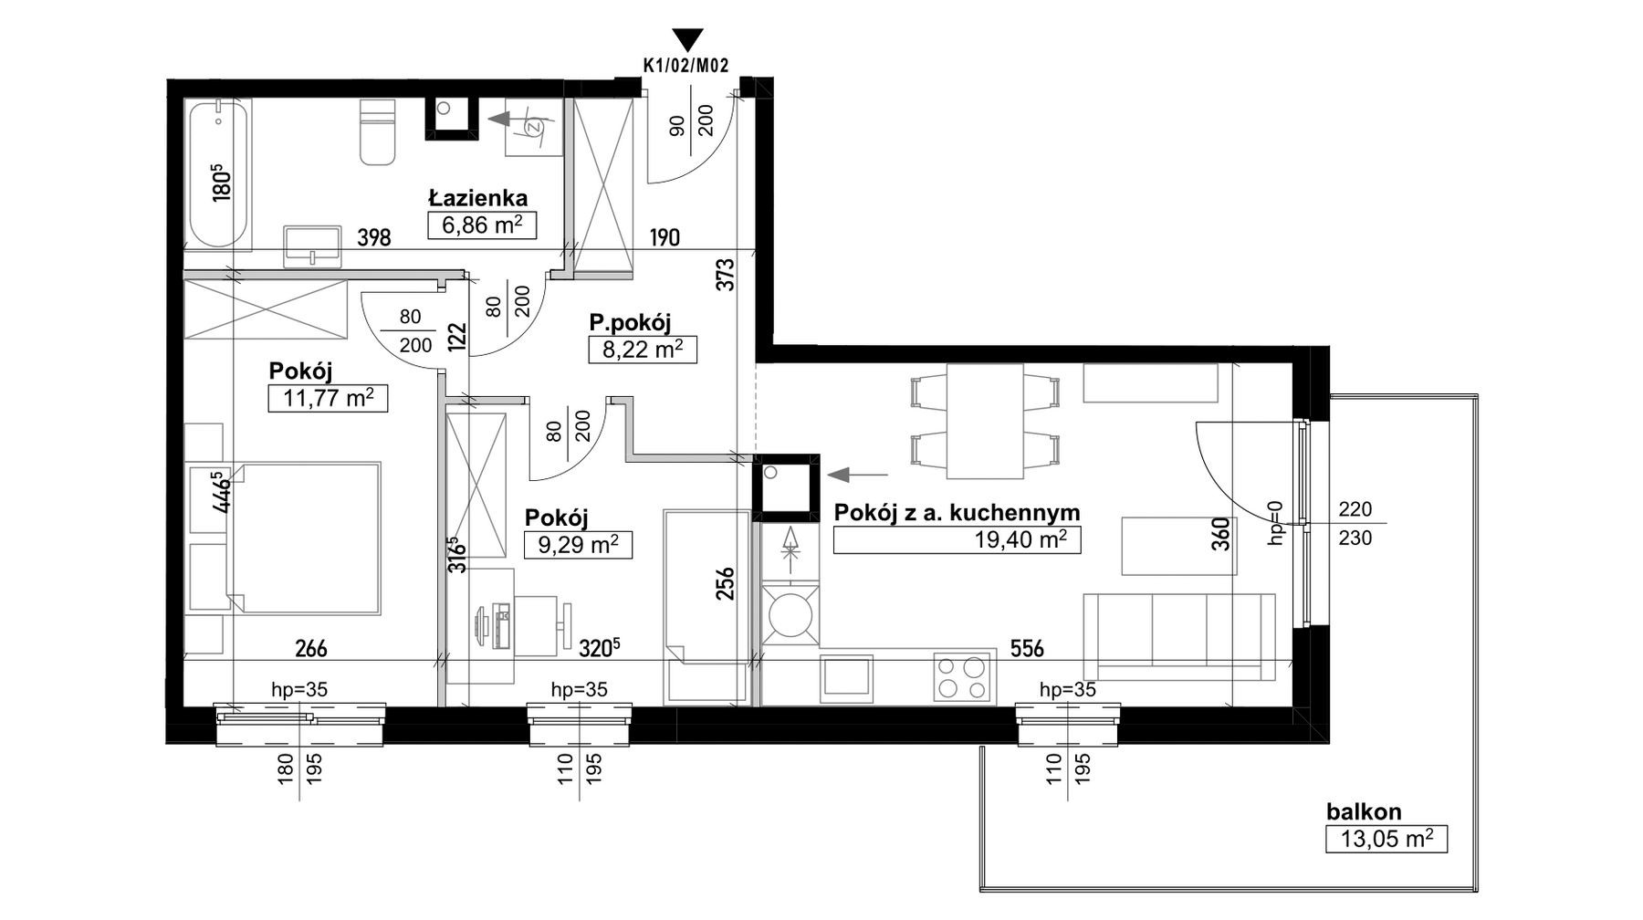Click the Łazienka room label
tap(478, 197)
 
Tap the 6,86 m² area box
tap(482, 225)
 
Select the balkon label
tap(1364, 811)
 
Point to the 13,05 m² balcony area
tap(1387, 839)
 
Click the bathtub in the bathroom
tap(217, 174)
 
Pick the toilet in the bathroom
tap(378, 131)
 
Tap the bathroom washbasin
tap(313, 246)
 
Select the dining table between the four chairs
tap(985, 421)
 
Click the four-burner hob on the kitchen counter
tap(963, 677)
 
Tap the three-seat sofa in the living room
tap(1178, 636)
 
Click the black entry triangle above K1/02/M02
tap(687, 39)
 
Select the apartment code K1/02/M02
tap(685, 65)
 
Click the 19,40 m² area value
tap(1020, 539)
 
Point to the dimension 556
tap(1027, 649)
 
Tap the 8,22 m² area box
tap(643, 350)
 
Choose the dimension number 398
tap(374, 238)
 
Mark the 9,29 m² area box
tap(578, 545)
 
